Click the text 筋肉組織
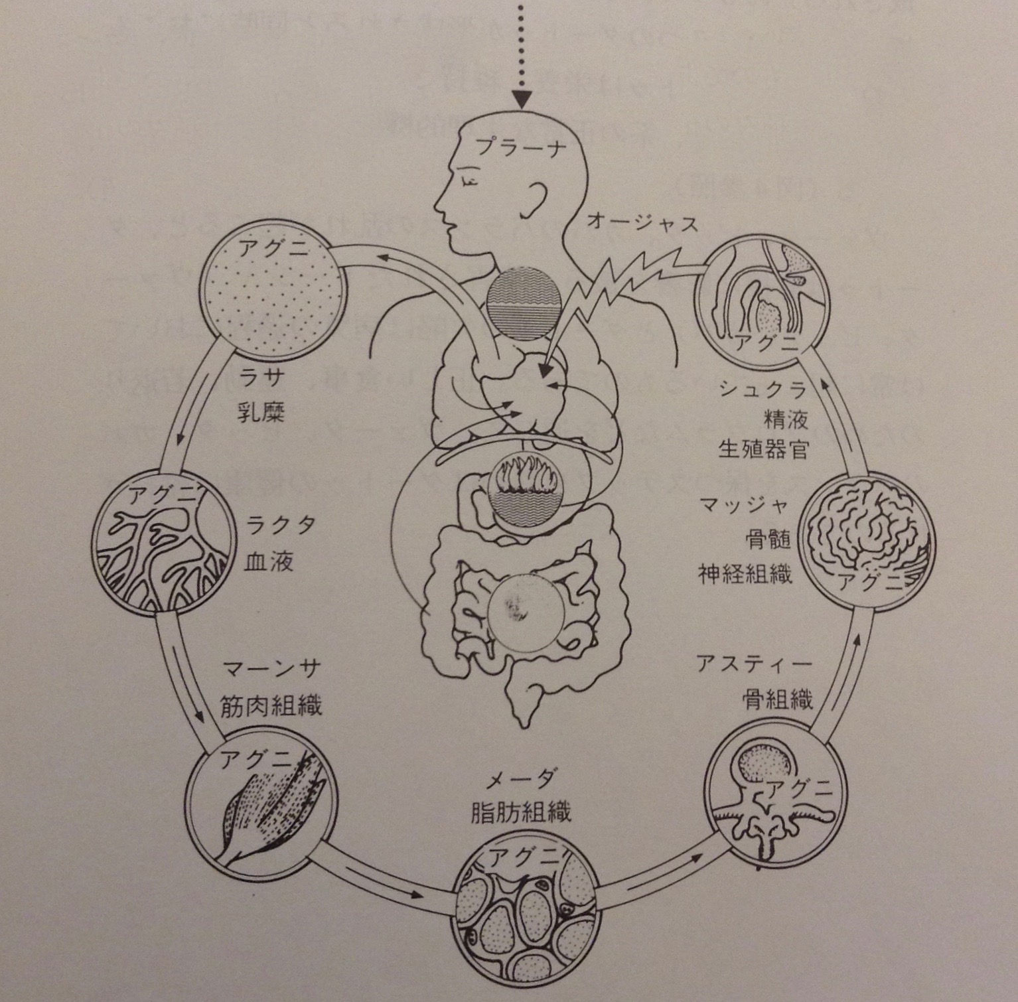(x=271, y=706)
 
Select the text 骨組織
(x=778, y=699)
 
